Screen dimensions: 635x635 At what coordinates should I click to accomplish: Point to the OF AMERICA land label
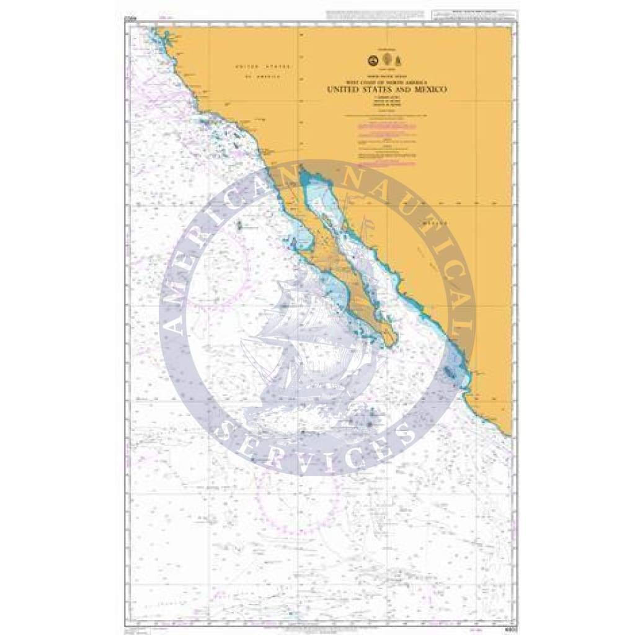(x=261, y=76)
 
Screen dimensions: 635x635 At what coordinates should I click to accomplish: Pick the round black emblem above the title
(x=373, y=60)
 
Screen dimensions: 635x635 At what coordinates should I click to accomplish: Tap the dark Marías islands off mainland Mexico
(x=448, y=373)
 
